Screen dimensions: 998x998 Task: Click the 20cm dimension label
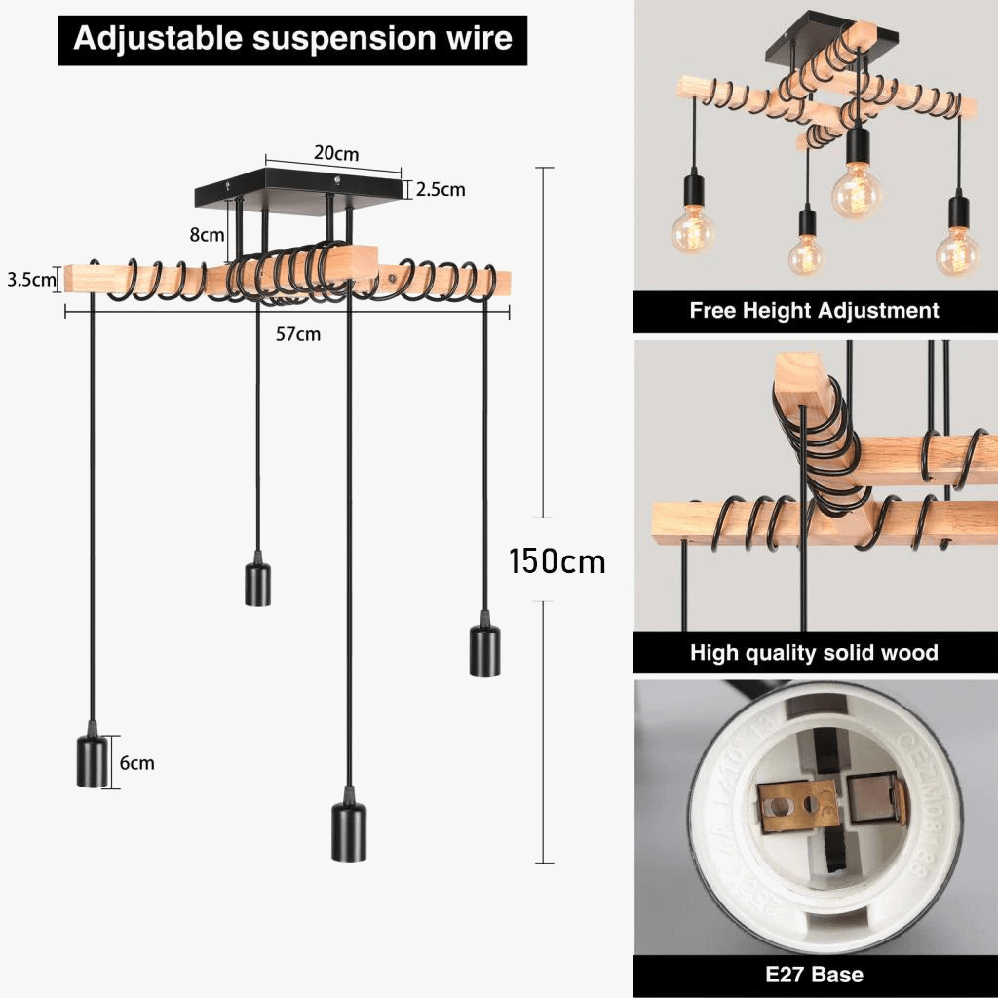(x=336, y=153)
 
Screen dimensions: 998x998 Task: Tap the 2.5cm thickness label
(x=441, y=189)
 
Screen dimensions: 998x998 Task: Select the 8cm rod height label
(x=207, y=235)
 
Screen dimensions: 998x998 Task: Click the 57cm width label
(x=297, y=334)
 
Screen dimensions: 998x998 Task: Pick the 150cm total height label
(x=557, y=561)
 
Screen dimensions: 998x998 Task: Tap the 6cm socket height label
(x=136, y=762)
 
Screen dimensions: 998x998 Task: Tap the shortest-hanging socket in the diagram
(x=257, y=582)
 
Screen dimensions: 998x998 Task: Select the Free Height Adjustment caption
(x=814, y=311)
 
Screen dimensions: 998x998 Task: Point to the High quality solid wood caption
(x=814, y=652)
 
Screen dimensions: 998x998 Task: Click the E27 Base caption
(x=814, y=975)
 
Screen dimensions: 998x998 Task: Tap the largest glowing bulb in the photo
(x=857, y=191)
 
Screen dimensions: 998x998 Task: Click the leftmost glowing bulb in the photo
(x=693, y=230)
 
